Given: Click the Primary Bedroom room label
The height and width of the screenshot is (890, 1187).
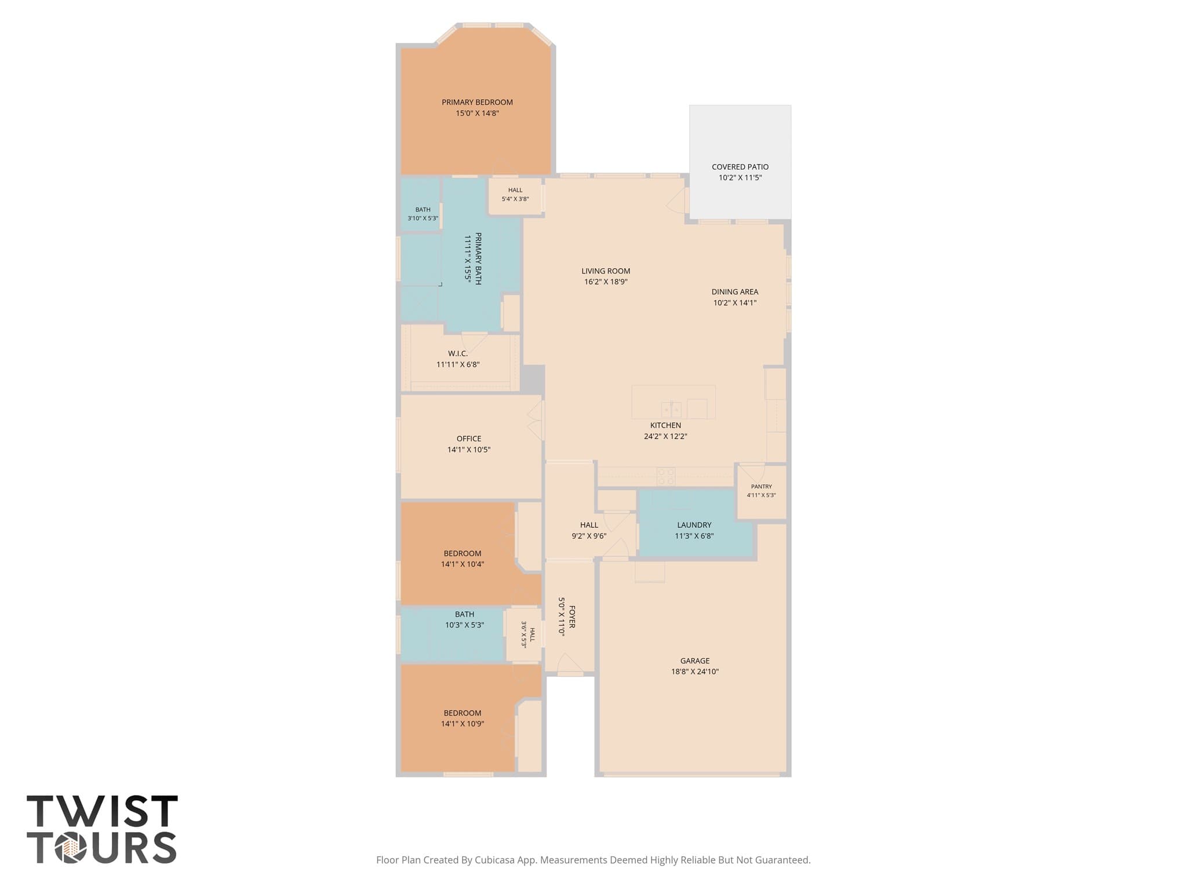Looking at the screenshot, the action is point(477,103).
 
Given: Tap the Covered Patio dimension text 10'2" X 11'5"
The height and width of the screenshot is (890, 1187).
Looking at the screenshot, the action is point(740,178).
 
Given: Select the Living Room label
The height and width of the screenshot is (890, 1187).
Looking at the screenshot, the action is point(606,271).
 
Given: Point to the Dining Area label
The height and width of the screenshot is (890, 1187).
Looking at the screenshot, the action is point(735,292).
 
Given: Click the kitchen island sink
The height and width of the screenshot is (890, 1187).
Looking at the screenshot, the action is point(671,410).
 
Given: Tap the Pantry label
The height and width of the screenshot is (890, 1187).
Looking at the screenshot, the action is point(761,487).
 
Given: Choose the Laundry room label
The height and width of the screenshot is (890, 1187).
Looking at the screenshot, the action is point(694,525).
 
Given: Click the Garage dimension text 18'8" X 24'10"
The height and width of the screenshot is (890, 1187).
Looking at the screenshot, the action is point(695,672).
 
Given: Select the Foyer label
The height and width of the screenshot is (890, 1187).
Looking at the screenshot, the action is point(572,617).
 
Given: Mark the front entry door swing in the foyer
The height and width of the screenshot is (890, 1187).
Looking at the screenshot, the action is point(570,664).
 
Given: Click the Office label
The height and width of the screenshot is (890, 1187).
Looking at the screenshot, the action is point(469,439).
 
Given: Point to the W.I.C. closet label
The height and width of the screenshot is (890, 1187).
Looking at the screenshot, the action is point(458,353).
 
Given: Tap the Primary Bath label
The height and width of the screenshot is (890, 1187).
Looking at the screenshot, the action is point(478,258).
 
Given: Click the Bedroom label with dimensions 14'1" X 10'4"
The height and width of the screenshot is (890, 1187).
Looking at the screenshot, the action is point(463,553).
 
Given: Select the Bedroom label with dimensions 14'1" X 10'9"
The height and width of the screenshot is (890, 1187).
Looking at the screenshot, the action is point(463,713).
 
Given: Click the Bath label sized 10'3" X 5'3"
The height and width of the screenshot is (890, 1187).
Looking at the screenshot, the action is point(464,614).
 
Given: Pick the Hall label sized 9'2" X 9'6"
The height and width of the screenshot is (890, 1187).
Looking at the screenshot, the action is point(589,525).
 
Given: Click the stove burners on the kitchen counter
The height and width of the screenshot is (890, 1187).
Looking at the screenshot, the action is point(666,476).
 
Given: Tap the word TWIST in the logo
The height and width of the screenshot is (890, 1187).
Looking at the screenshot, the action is point(102,811).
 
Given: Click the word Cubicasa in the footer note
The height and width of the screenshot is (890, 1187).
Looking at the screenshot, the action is point(497,860).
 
